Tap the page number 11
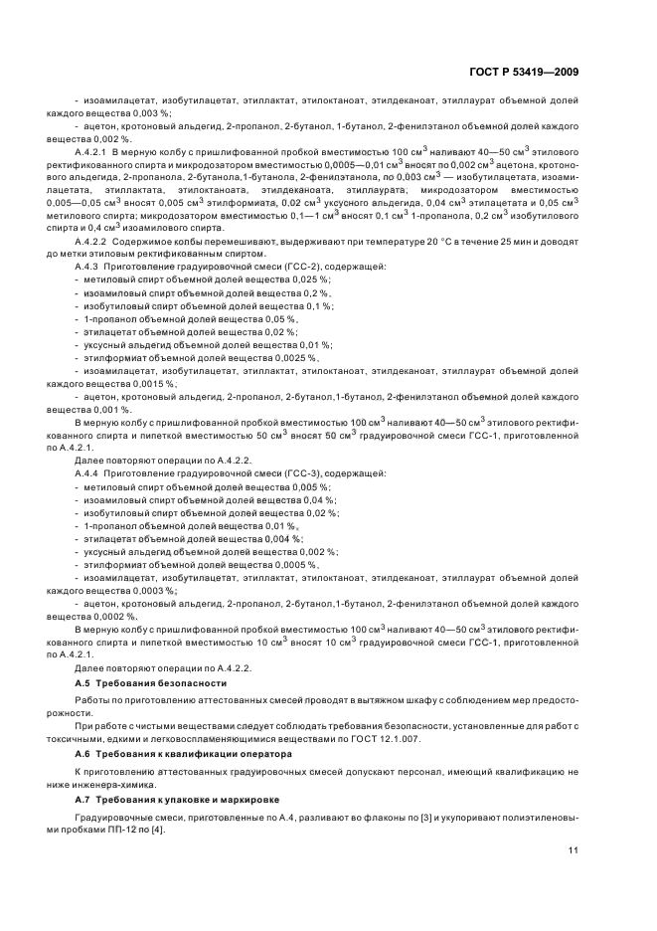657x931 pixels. pyautogui.click(x=574, y=850)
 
